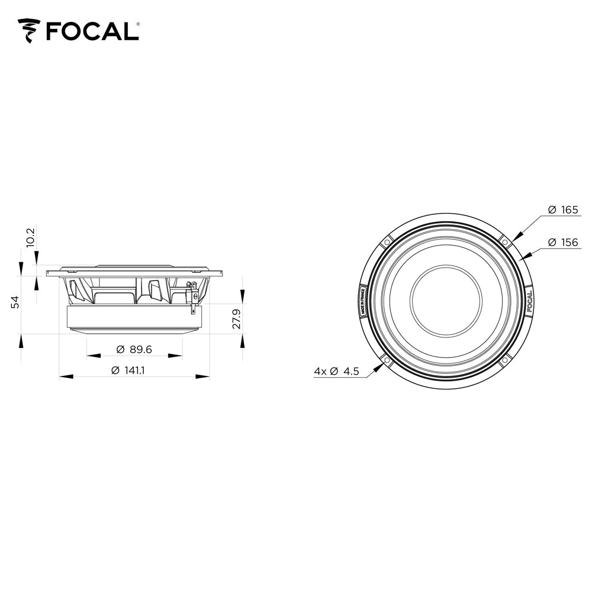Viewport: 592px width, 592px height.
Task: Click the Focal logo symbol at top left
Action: pos(29,31)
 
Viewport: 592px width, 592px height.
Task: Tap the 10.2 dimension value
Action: pos(31,237)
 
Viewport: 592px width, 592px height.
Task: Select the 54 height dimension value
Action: pos(16,301)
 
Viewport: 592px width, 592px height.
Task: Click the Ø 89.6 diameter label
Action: pos(134,350)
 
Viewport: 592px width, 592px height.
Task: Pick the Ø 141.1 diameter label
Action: pos(128,371)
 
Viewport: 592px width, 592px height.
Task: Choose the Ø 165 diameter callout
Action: pos(562,210)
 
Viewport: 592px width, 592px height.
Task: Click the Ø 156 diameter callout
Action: pos(562,243)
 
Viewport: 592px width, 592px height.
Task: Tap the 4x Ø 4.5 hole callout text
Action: pos(336,371)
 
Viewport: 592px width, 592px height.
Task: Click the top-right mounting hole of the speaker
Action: pos(504,242)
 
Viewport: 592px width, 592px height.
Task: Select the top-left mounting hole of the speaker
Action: pos(387,242)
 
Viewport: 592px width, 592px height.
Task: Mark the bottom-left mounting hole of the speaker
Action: pos(387,360)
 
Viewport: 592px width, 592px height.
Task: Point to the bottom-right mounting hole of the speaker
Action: pos(504,360)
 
